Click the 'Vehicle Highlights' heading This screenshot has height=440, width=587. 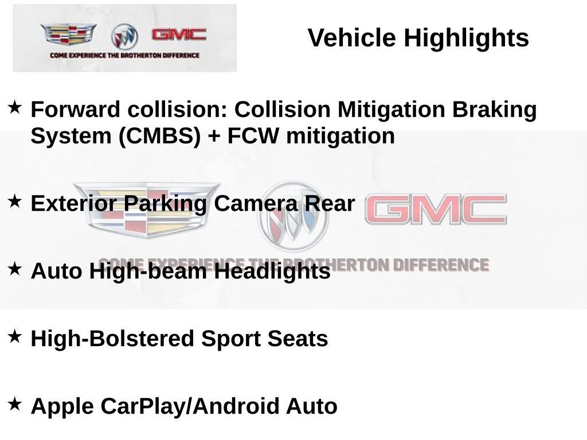click(418, 38)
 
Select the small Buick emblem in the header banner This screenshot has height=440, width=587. click(124, 37)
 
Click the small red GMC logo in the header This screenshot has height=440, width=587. click(179, 34)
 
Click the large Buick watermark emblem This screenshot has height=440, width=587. click(293, 216)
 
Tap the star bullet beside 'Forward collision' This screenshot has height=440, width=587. click(14, 107)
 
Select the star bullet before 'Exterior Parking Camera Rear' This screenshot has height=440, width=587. click(14, 201)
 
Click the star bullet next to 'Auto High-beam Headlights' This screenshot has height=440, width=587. click(14, 269)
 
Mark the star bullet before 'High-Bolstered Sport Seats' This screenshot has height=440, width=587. click(14, 336)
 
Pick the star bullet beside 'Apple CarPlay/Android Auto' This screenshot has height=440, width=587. click(14, 404)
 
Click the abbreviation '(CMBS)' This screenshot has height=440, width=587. click(160, 136)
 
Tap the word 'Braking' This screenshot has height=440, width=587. click(495, 110)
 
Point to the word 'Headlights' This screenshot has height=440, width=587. click(272, 271)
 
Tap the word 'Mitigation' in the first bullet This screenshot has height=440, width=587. click(391, 110)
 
